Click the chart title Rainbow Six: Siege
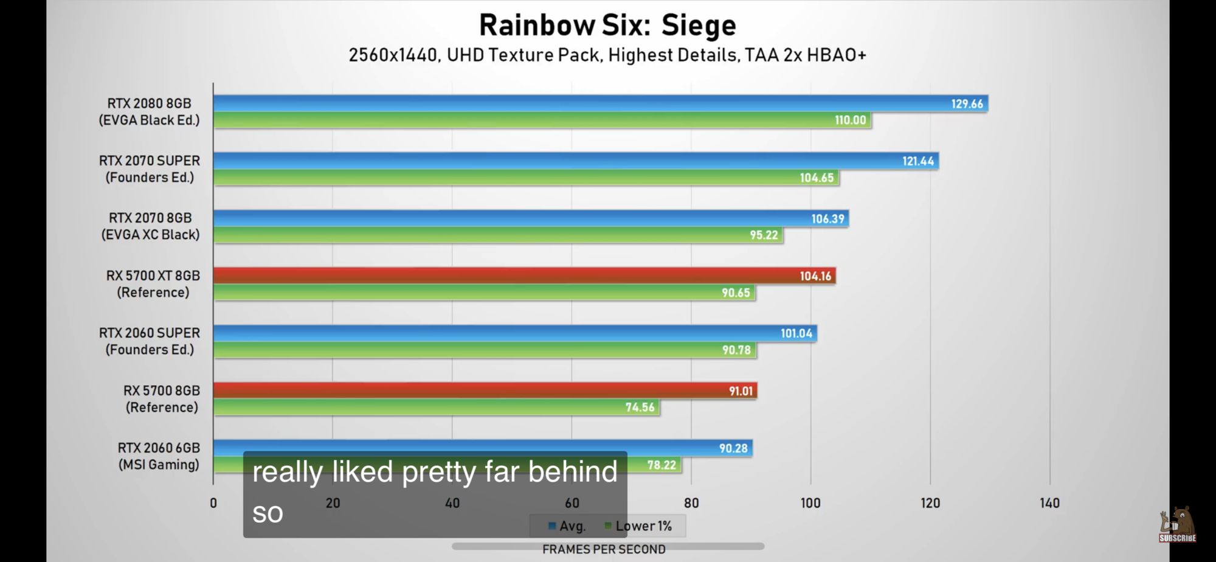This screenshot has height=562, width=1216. click(x=607, y=26)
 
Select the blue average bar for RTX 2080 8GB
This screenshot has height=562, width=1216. click(x=578, y=103)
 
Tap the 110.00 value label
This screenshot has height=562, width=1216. click(x=850, y=120)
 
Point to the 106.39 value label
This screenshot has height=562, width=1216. click(x=827, y=219)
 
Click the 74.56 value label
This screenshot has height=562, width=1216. click(x=640, y=408)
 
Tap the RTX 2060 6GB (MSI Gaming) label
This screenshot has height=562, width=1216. click(x=159, y=456)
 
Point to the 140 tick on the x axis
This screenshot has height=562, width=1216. click(x=1049, y=503)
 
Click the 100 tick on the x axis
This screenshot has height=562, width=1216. click(x=810, y=503)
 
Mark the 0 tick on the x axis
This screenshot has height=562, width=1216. click(x=213, y=503)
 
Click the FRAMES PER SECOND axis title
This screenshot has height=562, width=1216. click(x=604, y=549)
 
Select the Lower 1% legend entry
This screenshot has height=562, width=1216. click(x=638, y=526)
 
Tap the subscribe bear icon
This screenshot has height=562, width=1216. click(x=1178, y=524)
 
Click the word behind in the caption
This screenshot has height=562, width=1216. click(x=572, y=472)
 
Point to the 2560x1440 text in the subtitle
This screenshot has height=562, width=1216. click(x=393, y=55)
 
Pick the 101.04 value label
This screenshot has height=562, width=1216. click(x=796, y=333)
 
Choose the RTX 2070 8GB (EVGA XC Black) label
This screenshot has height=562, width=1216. click(x=150, y=226)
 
